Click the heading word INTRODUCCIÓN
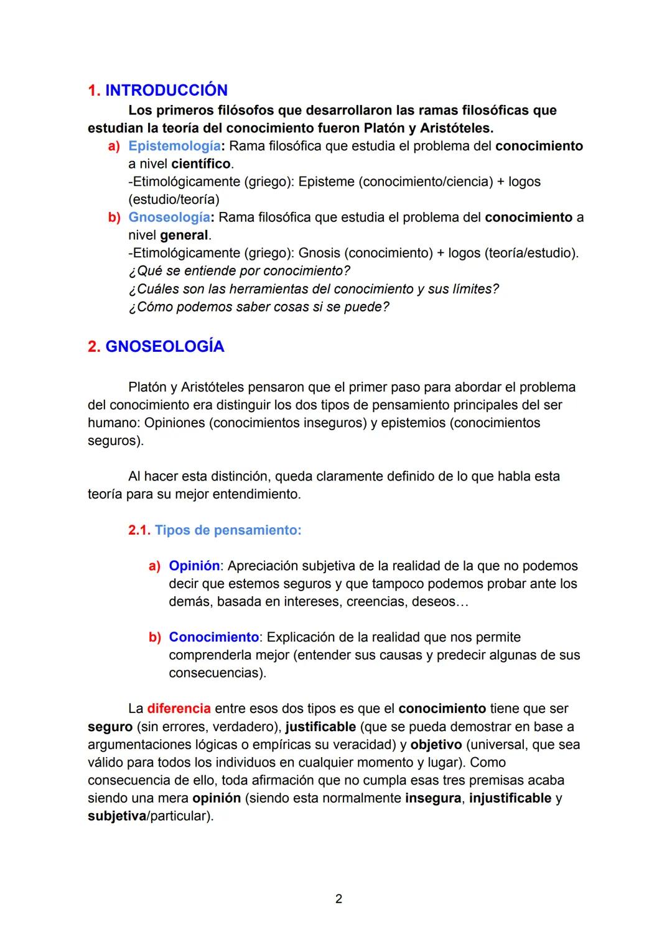(x=166, y=91)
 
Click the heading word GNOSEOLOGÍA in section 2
(x=164, y=347)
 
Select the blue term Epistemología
(x=174, y=146)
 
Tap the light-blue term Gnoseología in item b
(x=169, y=218)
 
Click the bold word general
(x=184, y=236)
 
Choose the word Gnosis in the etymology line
(x=319, y=254)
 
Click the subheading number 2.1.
(x=139, y=531)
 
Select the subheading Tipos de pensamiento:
(x=228, y=531)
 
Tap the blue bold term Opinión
(x=194, y=566)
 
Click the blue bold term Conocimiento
(x=213, y=638)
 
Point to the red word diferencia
(x=179, y=709)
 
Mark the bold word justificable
(x=320, y=727)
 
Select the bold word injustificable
(x=510, y=798)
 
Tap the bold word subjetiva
(x=116, y=816)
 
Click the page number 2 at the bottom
(x=338, y=899)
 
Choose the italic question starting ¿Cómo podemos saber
(x=258, y=307)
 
